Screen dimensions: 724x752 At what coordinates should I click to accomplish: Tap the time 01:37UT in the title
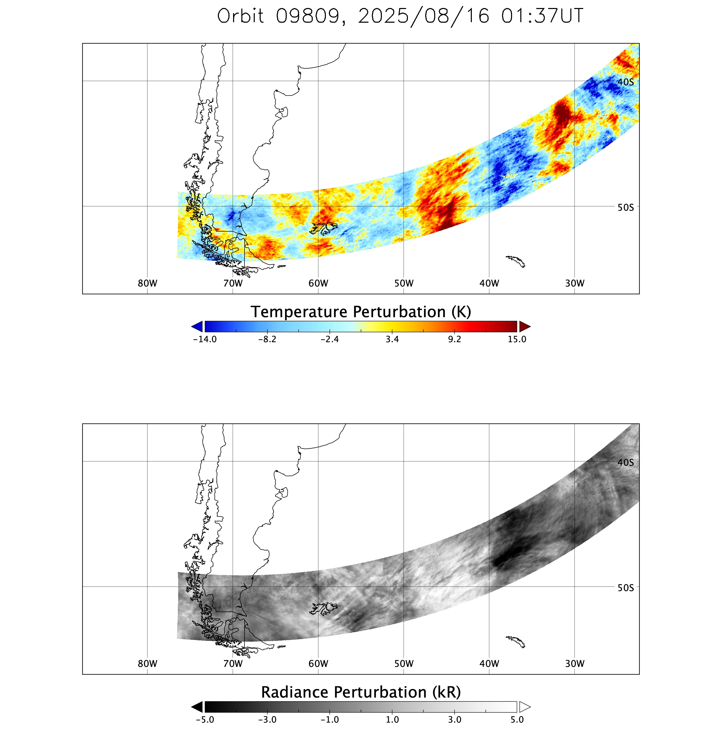point(542,16)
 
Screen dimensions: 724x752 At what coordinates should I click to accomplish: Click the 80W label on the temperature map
point(147,283)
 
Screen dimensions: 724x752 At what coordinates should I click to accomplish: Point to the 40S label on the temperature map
point(626,82)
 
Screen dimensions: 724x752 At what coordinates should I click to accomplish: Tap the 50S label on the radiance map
point(626,588)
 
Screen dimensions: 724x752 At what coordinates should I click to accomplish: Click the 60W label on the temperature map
point(318,283)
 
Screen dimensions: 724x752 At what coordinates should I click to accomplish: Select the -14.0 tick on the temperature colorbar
point(205,339)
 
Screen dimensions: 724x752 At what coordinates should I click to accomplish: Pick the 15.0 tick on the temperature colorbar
point(517,339)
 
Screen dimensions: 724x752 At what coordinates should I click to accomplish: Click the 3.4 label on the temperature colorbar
point(392,339)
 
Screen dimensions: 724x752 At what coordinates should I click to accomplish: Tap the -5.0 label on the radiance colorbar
point(205,720)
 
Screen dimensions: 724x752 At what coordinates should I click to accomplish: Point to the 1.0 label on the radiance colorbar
point(392,720)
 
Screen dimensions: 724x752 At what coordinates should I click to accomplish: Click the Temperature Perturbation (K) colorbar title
point(361,312)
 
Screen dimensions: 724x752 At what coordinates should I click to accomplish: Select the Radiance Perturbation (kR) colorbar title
point(361,692)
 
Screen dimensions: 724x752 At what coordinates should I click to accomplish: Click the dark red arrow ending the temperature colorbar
point(524,326)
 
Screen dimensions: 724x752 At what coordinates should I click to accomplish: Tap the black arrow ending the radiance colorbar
point(197,707)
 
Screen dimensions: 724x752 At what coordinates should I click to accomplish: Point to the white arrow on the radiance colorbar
point(524,707)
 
